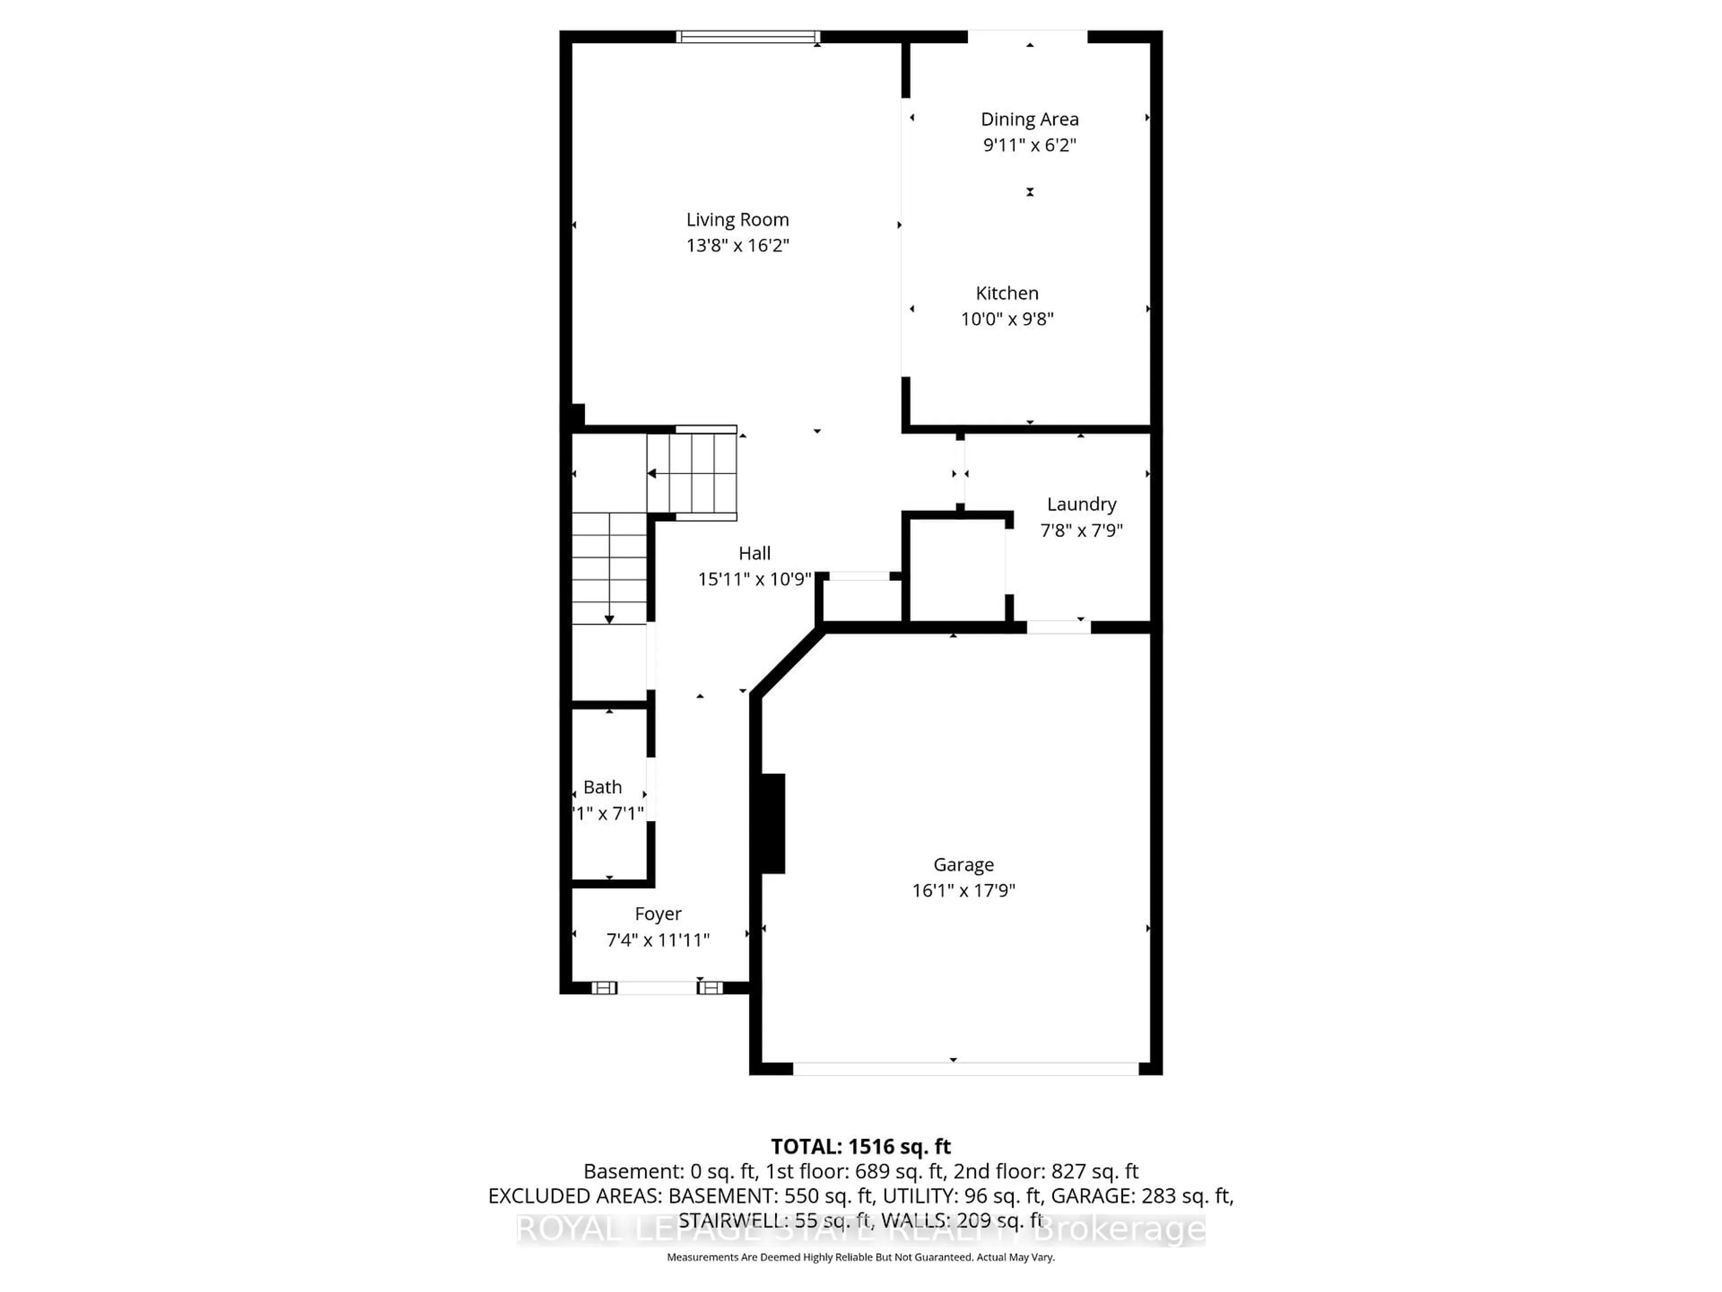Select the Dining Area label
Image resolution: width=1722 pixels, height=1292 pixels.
tap(1029, 119)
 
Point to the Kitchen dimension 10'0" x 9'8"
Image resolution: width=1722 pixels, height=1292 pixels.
tap(1007, 319)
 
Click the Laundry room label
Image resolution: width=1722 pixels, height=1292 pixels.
tap(1081, 504)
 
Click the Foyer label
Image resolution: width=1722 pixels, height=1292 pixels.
tap(658, 913)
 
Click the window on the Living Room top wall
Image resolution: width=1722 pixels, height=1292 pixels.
tap(748, 37)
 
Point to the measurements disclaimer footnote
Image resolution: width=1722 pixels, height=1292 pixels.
tap(860, 1257)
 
